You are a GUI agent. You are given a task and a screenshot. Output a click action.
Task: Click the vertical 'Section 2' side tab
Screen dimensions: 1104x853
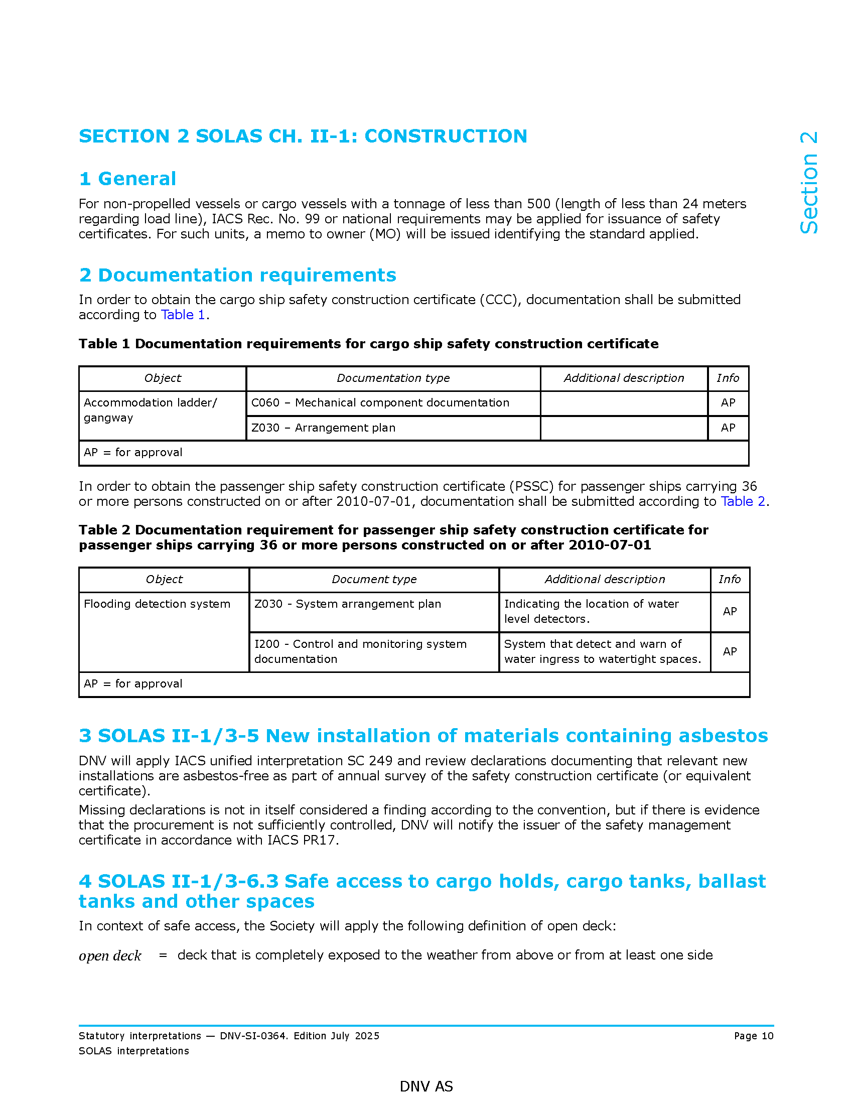pos(809,183)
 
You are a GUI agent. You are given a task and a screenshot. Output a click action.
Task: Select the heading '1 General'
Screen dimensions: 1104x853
pos(127,179)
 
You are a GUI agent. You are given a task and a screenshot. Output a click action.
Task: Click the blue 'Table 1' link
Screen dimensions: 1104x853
pos(183,315)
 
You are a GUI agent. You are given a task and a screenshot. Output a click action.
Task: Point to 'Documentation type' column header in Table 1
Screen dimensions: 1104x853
pos(393,378)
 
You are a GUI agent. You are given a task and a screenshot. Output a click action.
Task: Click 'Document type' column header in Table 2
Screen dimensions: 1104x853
pos(373,579)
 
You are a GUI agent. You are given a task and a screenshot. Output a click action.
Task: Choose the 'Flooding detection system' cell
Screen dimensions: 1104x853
pos(157,604)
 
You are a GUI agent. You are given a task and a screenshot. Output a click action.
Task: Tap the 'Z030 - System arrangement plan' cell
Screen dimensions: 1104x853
pos(348,604)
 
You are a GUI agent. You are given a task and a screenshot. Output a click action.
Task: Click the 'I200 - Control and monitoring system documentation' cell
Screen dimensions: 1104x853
pos(360,651)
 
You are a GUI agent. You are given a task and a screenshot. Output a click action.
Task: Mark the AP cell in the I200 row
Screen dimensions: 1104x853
pos(729,651)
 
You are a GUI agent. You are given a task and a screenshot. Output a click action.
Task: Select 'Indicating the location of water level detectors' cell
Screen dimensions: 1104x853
pos(591,611)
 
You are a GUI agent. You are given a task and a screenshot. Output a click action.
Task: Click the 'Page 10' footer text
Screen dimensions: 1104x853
pos(754,1036)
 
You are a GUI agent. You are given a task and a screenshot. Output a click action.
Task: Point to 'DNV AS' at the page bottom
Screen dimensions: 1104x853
pos(426,1086)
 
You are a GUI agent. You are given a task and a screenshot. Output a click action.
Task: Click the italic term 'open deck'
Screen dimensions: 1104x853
pos(110,955)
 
